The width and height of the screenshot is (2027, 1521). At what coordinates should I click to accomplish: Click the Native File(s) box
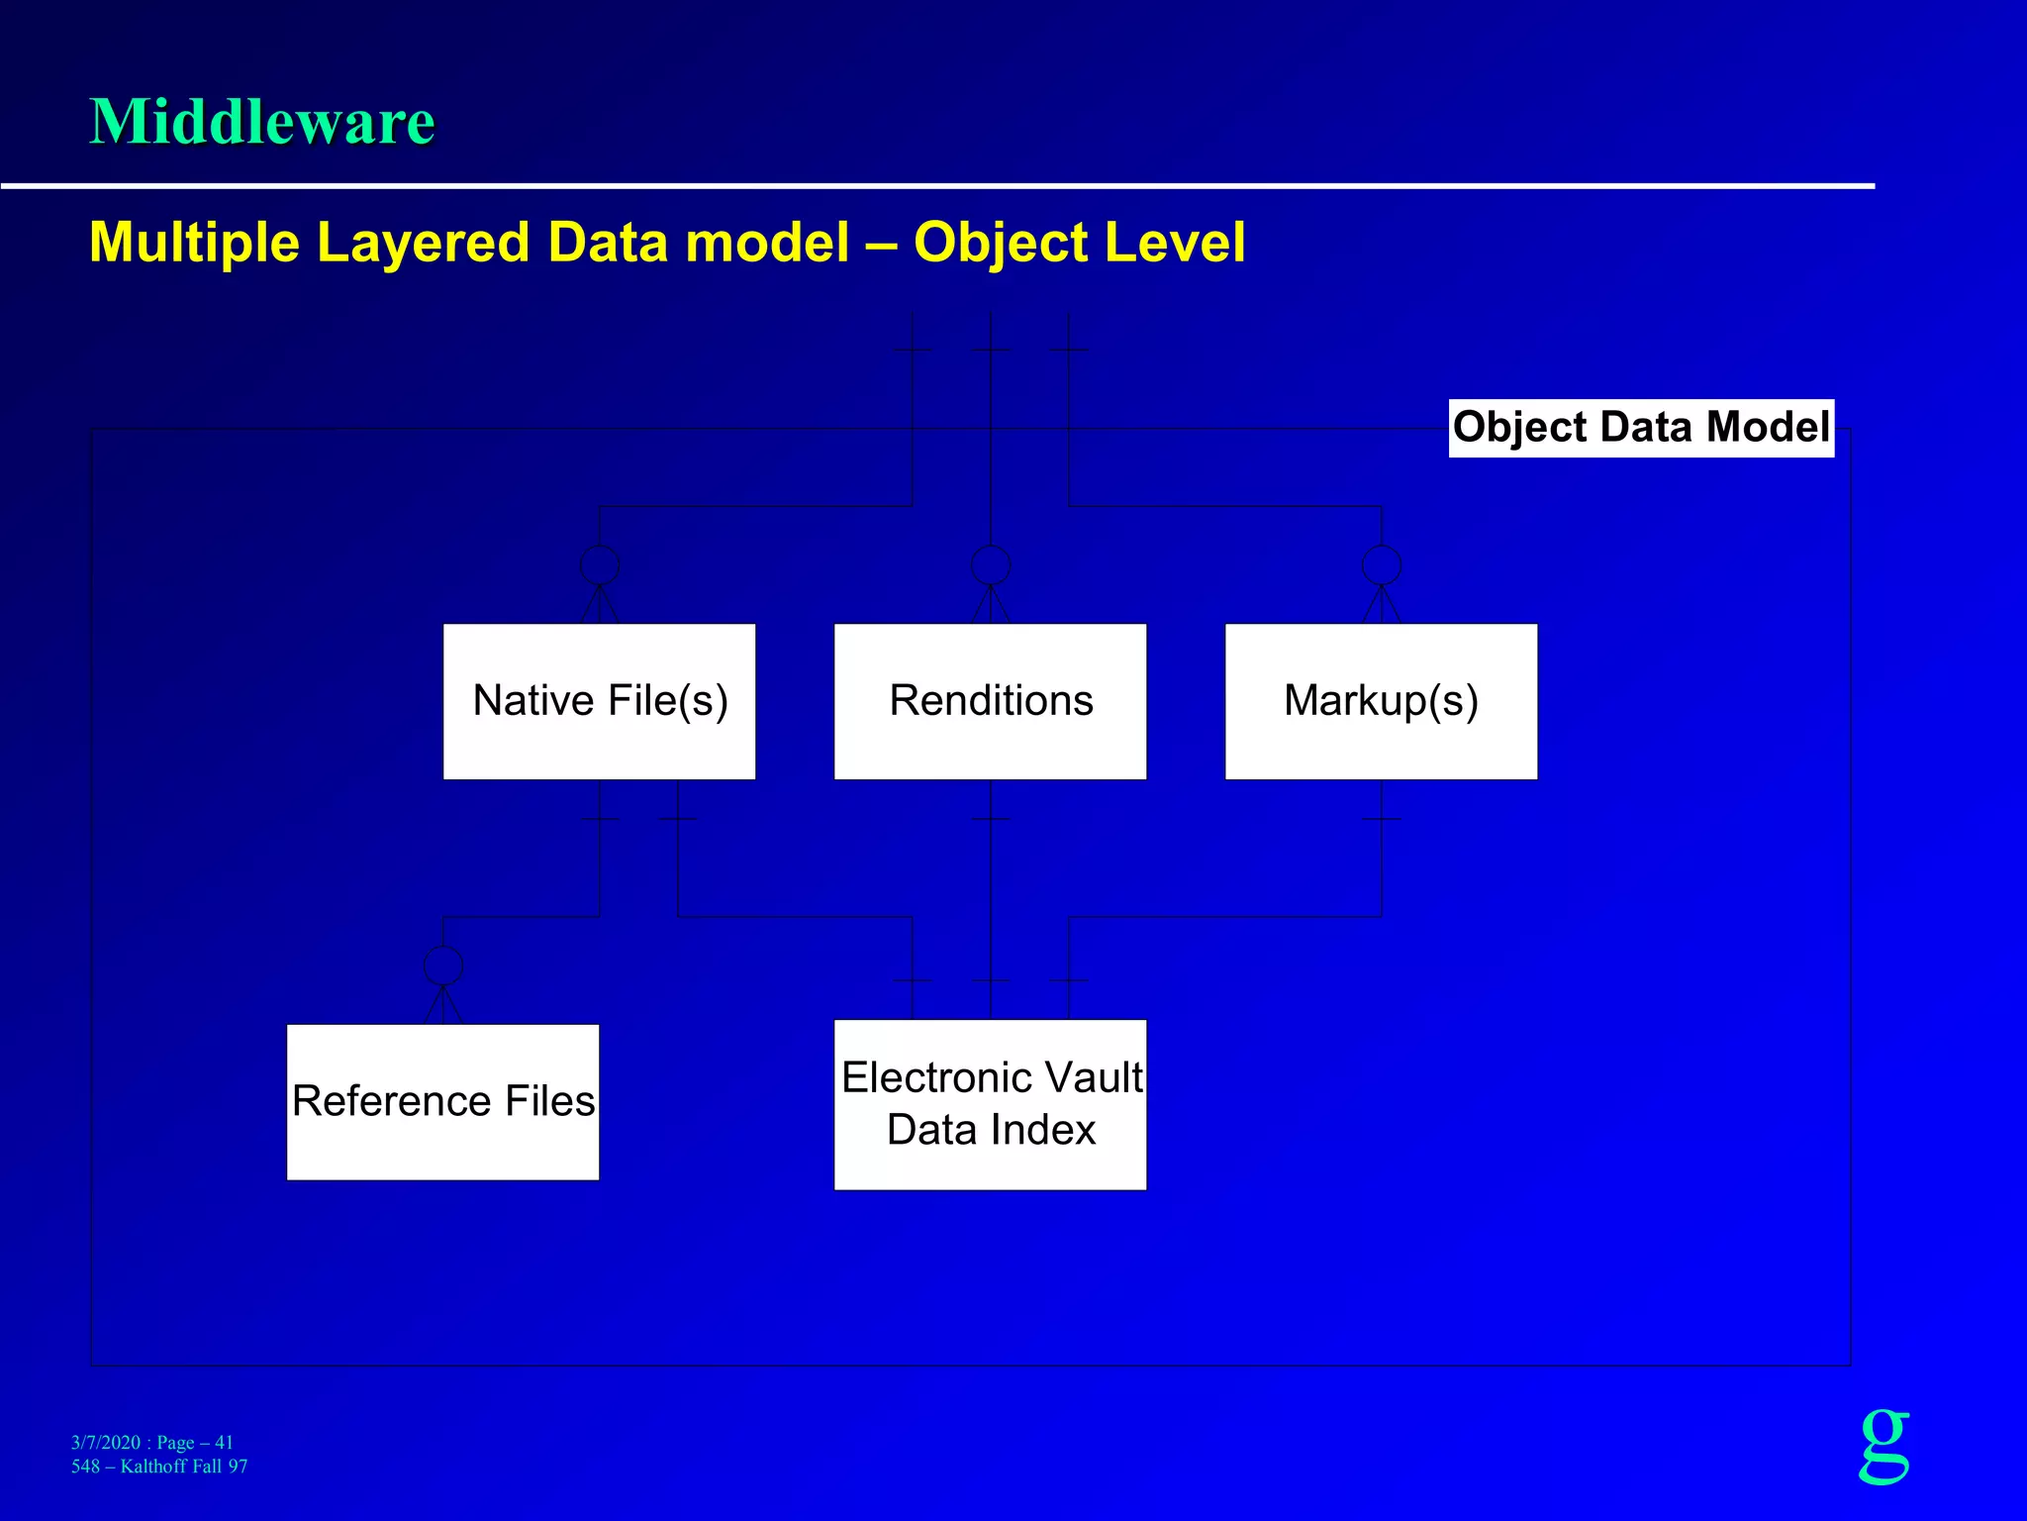(x=599, y=701)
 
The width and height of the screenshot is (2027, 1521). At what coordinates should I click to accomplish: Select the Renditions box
(x=990, y=701)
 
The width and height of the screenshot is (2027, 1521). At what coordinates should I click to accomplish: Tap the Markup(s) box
(x=1381, y=701)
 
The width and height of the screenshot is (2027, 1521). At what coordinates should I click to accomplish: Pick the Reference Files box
(x=442, y=1101)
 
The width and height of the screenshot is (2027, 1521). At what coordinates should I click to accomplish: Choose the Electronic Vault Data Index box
(x=990, y=1104)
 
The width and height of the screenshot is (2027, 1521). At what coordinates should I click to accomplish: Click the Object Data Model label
(x=1641, y=428)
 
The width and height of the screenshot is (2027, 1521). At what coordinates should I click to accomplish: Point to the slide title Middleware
(x=262, y=122)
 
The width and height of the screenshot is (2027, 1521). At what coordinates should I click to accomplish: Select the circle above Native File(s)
(x=600, y=564)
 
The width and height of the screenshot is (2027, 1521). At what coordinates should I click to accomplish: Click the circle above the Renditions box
(x=991, y=564)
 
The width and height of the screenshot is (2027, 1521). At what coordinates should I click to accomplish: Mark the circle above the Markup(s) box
(x=1382, y=564)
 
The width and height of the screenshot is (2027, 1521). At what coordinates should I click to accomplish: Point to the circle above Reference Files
(x=442, y=964)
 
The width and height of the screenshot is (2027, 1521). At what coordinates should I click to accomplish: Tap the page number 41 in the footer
(x=224, y=1443)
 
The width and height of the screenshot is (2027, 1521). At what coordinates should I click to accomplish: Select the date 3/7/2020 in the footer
(x=106, y=1443)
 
